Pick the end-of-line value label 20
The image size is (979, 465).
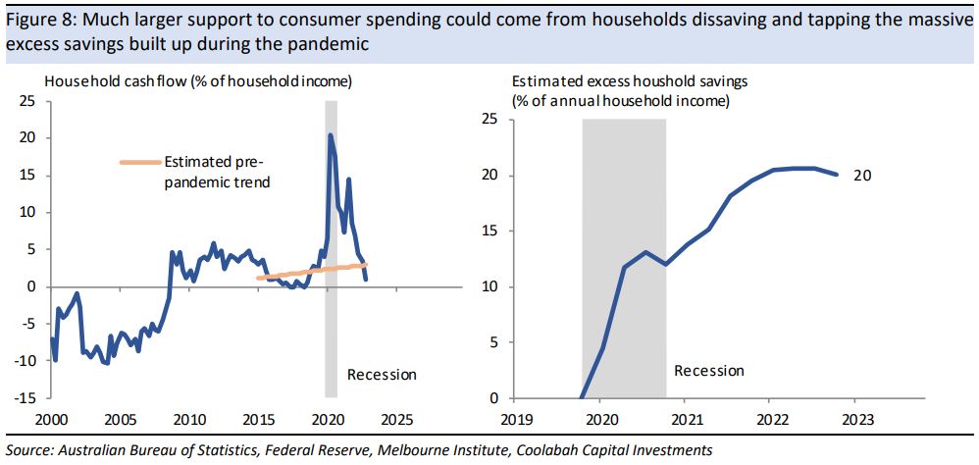(x=862, y=176)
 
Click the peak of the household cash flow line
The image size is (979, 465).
(x=331, y=135)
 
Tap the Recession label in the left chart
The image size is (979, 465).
(x=383, y=375)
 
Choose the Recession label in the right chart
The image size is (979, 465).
(x=709, y=371)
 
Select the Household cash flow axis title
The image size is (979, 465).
(x=196, y=80)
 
